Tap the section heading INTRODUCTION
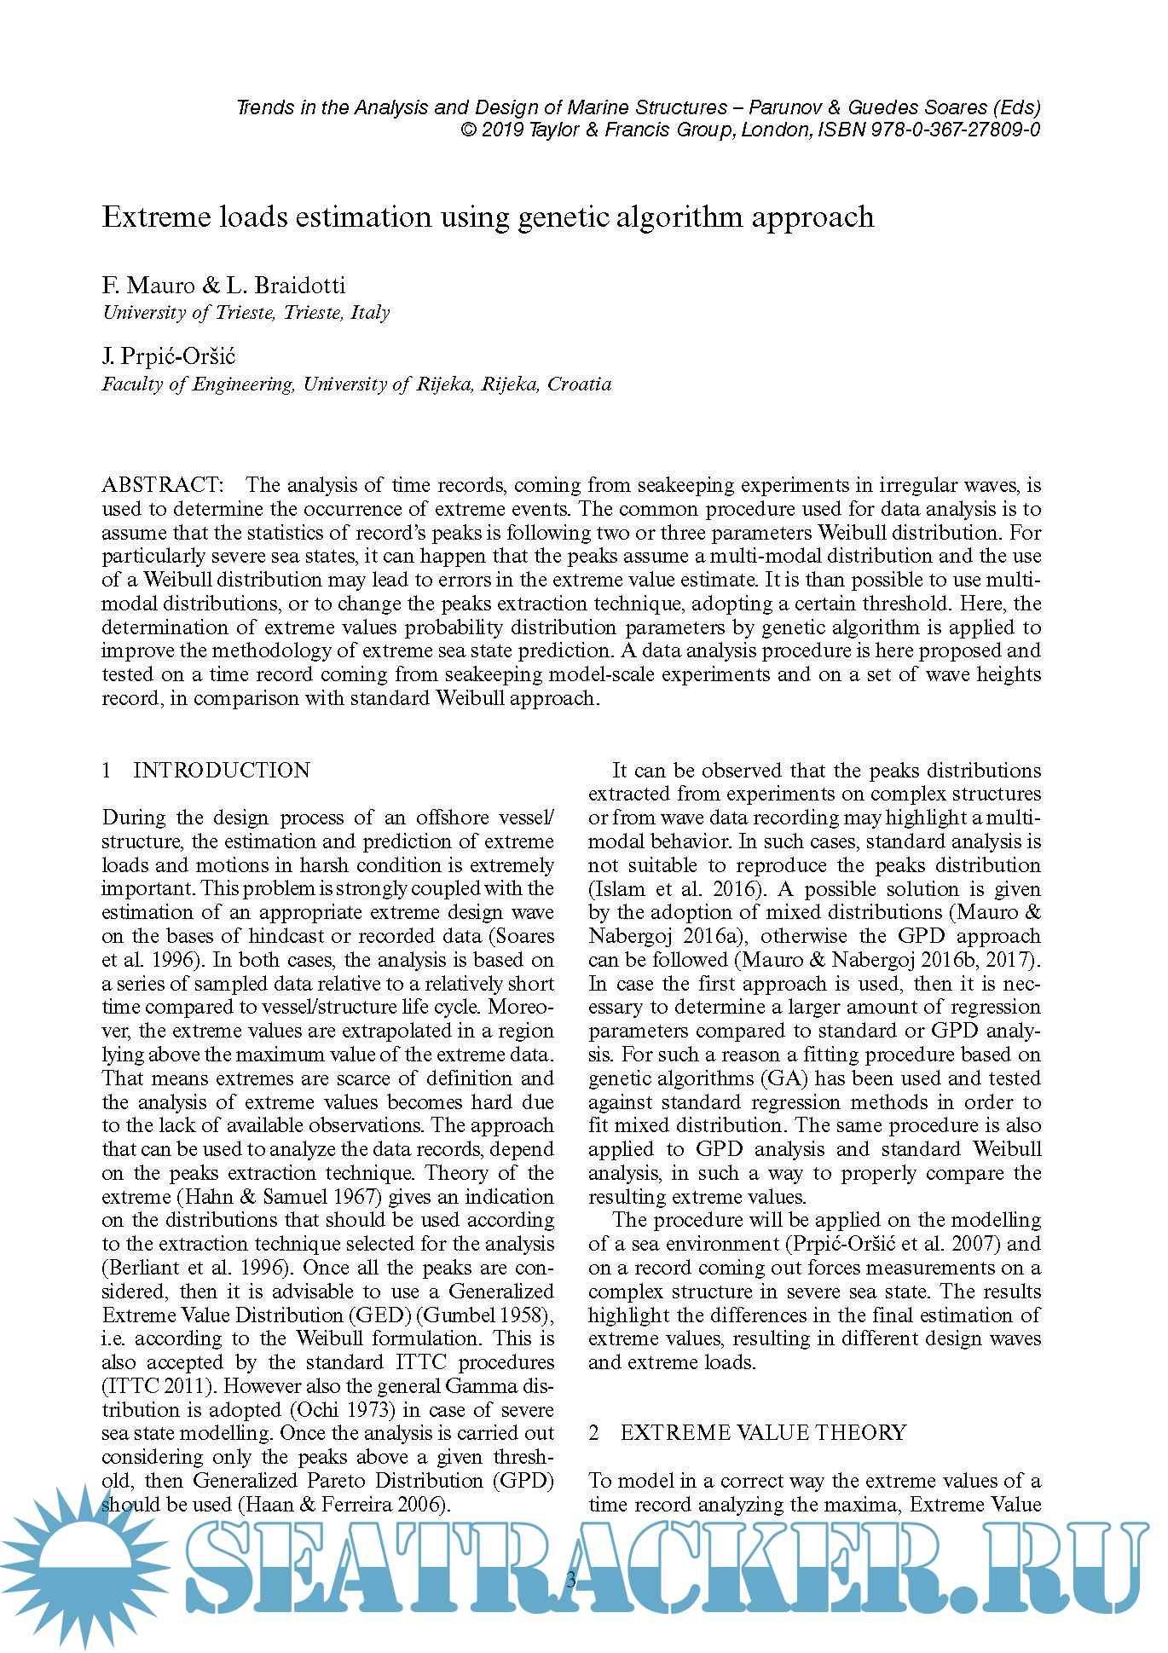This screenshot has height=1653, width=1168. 221,771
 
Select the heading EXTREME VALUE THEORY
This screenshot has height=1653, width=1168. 762,1433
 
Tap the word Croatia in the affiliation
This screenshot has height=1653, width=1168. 579,384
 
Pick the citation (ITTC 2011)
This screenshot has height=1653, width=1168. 159,1386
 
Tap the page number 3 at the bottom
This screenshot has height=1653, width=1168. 571,1579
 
